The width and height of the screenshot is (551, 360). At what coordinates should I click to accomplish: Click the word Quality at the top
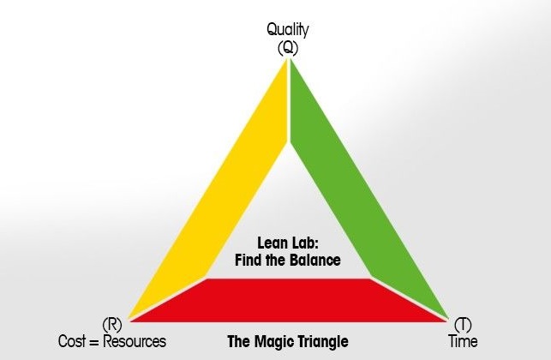(287, 30)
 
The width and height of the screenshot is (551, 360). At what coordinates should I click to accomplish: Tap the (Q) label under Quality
(288, 48)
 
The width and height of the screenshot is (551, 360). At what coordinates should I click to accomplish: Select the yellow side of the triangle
(208, 189)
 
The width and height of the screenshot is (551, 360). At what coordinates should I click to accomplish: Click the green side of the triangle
(369, 189)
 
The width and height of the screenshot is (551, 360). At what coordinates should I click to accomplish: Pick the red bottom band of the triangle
(288, 300)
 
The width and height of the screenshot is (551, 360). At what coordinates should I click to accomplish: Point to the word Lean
(273, 243)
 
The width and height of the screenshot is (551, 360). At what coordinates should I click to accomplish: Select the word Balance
(315, 261)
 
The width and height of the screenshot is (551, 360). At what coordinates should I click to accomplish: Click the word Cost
(72, 341)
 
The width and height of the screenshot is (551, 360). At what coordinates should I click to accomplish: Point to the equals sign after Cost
(94, 342)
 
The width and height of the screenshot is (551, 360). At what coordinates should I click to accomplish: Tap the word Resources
(135, 341)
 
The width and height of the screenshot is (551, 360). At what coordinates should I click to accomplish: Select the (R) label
(112, 325)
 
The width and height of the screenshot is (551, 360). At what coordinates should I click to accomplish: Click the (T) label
(463, 325)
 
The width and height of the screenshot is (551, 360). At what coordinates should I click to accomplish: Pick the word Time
(463, 341)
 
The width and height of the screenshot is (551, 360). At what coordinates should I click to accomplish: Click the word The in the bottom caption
(240, 341)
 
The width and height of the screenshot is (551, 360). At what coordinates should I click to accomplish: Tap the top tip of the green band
(291, 60)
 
